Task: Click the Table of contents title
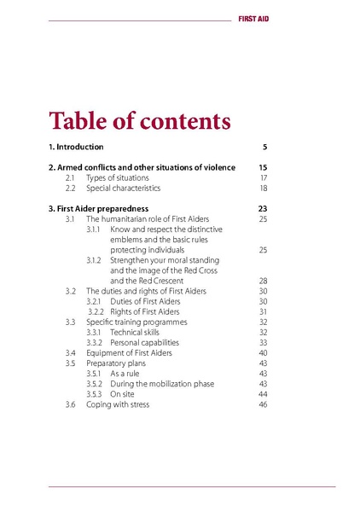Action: (x=139, y=120)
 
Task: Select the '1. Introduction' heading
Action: (x=76, y=147)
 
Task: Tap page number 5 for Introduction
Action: (x=265, y=147)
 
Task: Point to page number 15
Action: (x=263, y=167)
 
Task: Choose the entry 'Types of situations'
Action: (x=118, y=177)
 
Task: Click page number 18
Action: (x=264, y=188)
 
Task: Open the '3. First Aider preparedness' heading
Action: (x=99, y=208)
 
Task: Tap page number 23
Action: (x=263, y=208)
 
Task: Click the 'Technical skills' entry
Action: (x=135, y=332)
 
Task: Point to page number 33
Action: (x=264, y=342)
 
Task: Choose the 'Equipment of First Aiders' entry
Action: (x=129, y=352)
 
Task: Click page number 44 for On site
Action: (x=264, y=394)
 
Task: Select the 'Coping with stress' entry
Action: (x=118, y=404)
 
